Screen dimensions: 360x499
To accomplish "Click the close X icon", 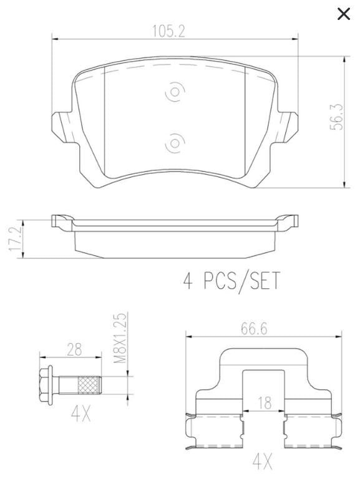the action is [344, 14].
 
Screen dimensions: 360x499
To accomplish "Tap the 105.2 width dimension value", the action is [168, 31].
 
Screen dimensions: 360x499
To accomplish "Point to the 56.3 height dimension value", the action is [336, 117].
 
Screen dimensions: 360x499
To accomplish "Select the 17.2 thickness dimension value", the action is [15, 239].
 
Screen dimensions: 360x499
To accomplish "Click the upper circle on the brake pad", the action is [175, 92].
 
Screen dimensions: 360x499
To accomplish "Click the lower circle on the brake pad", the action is [175, 143].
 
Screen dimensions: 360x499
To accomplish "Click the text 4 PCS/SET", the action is [231, 280].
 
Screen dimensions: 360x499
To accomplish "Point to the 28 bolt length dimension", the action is [74, 349].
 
